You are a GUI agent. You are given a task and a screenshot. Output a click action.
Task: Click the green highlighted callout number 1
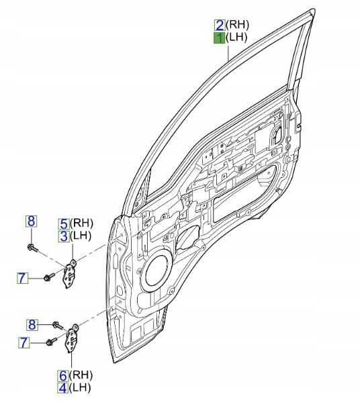tap(220, 38)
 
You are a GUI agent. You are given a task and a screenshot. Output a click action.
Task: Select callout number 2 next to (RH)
tap(220, 26)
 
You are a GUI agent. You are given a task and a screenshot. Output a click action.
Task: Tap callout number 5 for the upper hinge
tap(64, 223)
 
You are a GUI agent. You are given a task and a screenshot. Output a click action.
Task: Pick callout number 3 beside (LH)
tap(64, 236)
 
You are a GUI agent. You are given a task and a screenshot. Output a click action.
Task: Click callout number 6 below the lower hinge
tap(63, 376)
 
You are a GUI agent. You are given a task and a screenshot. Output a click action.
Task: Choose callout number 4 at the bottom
tap(63, 388)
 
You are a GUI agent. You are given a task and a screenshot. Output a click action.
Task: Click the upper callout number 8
tap(31, 221)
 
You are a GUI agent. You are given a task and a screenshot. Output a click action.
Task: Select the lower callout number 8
tap(32, 325)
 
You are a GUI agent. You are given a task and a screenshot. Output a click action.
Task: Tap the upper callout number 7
tap(22, 278)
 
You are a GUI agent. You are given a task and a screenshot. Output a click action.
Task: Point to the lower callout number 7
tap(24, 342)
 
